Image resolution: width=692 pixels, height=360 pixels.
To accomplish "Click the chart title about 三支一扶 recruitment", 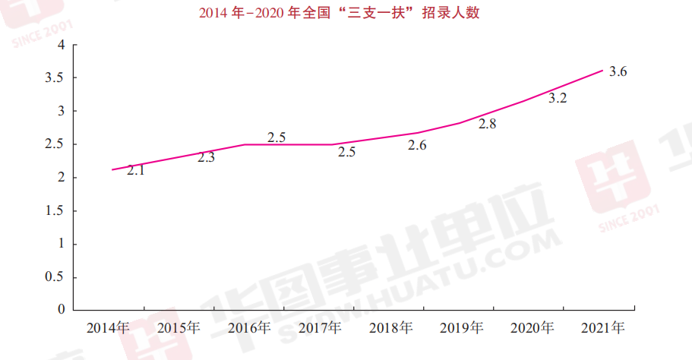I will coord(340,14).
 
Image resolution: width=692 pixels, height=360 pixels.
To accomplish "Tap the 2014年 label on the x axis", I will coord(109,328).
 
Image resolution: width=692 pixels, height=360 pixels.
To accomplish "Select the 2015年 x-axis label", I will coord(179,328).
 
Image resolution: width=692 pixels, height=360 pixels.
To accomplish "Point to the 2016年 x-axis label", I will coord(249,328).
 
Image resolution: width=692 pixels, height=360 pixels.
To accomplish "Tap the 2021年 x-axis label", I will coord(602,328).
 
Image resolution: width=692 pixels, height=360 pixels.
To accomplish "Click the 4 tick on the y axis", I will coord(60,45).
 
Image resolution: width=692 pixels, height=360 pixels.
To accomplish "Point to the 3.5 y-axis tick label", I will coord(55,78).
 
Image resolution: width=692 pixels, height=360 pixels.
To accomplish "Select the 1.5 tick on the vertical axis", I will coord(55,210).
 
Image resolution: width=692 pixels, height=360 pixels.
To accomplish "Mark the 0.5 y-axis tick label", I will coord(55,277).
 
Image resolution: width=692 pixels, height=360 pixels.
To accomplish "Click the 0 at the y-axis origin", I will coord(60,310).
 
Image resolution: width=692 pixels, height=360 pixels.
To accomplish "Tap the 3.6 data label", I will coord(618,72).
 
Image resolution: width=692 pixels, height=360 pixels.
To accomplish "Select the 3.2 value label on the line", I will coord(558,98).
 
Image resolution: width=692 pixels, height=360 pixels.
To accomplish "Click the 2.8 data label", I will coord(487,124).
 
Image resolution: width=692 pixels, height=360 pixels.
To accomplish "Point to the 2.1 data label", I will coord(136,171).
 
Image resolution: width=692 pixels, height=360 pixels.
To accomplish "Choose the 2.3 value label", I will coord(207,158).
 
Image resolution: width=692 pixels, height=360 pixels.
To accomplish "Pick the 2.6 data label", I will coord(417,145).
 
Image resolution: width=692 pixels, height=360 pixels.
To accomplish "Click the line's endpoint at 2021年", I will coord(602,71).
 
